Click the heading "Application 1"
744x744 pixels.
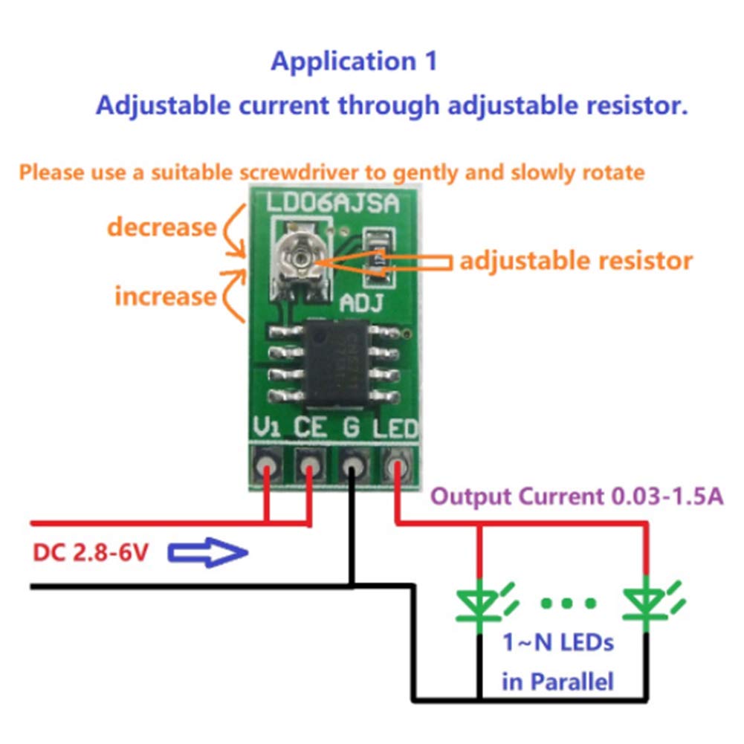354,62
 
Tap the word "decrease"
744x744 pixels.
161,226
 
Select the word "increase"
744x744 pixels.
164,296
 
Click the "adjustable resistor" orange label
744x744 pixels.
575,261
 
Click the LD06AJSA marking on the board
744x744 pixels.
332,203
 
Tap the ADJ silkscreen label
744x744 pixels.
360,303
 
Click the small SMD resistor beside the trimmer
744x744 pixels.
378,260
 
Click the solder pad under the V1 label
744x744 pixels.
266,466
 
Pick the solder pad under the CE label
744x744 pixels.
308,466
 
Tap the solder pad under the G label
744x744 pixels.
353,466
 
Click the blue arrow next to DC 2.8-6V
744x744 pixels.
207,553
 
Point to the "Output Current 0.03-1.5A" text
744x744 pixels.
577,496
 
